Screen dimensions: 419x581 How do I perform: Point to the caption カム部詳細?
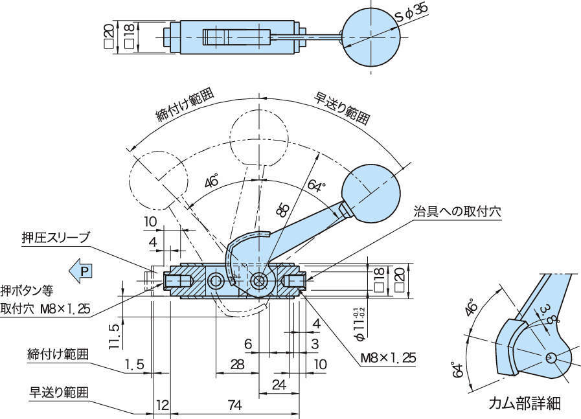524,404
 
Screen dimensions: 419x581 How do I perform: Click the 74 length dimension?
234,405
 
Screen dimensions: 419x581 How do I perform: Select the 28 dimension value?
237,364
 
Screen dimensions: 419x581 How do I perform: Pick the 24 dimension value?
279,385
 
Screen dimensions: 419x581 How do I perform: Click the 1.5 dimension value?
134,365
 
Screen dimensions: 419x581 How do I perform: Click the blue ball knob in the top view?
369,36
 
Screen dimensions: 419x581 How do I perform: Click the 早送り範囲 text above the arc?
343,107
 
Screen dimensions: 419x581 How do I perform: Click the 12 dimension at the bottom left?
162,405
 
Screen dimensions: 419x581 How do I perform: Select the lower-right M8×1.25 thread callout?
388,357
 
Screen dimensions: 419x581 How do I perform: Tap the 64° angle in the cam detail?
459,370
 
